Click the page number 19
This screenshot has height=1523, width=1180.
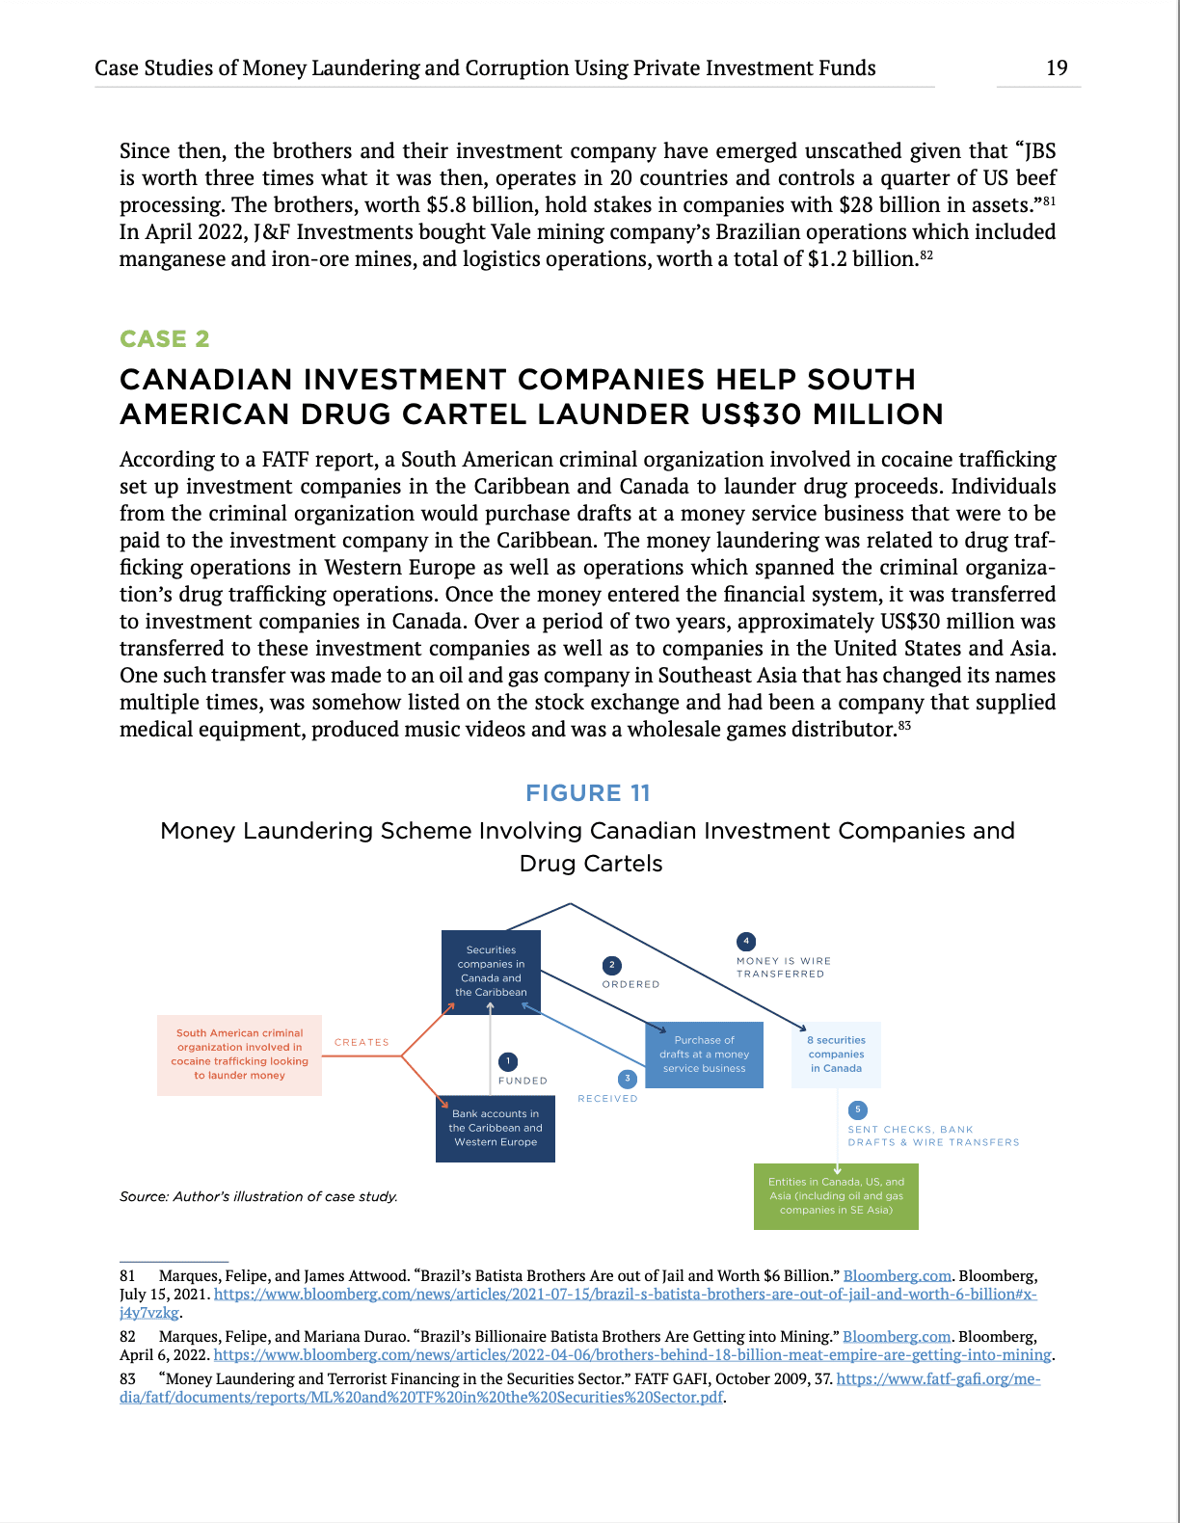[1057, 67]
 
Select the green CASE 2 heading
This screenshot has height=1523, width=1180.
[164, 339]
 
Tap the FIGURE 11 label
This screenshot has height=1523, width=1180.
[588, 793]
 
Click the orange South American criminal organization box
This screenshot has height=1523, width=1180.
[239, 1055]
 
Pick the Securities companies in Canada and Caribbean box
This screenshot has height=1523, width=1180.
[491, 972]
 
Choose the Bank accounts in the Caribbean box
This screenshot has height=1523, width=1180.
[496, 1128]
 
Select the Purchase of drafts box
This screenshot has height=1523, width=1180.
[704, 1055]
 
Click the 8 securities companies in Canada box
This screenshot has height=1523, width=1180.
[836, 1055]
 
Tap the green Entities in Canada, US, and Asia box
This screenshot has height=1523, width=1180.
[836, 1196]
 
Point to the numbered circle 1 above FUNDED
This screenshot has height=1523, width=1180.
[508, 1061]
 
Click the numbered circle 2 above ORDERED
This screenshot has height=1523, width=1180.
[611, 965]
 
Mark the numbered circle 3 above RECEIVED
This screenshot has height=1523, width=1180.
[628, 1079]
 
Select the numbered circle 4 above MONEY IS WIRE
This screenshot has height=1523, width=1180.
[745, 941]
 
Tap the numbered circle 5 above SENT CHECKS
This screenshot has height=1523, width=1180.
[857, 1109]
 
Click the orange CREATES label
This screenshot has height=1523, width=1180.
[362, 1043]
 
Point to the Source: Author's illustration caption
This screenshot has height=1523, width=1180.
[258, 1197]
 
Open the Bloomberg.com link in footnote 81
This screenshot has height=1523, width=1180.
[897, 1276]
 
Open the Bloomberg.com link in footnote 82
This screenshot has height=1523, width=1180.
[897, 1337]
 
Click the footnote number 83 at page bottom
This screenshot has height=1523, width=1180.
[127, 1379]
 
